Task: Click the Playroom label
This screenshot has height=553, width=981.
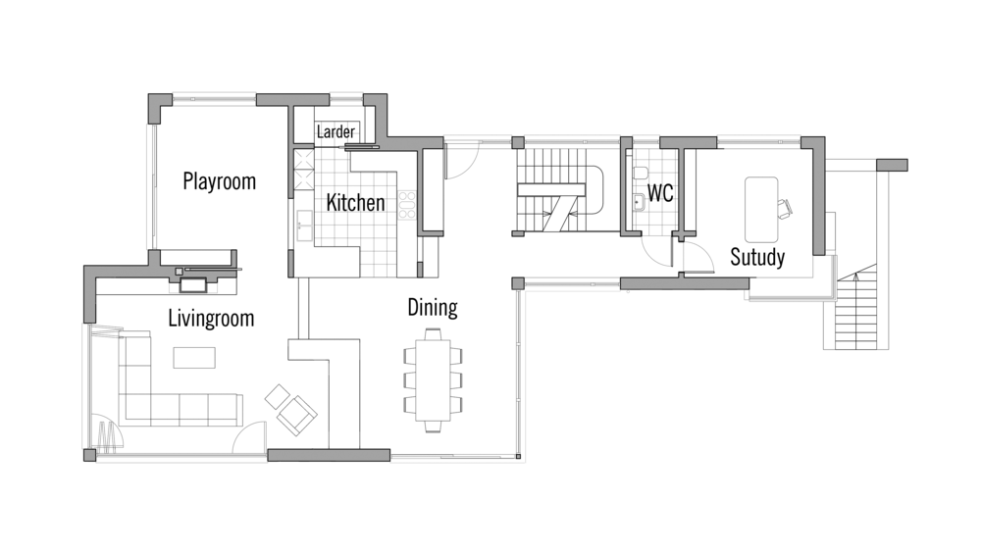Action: pyautogui.click(x=219, y=181)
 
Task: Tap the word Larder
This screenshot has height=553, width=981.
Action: pyautogui.click(x=336, y=132)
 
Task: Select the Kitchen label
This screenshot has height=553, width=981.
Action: pyautogui.click(x=355, y=203)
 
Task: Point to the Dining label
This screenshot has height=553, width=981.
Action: pyautogui.click(x=433, y=307)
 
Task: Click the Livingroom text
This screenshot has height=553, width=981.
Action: pyautogui.click(x=212, y=319)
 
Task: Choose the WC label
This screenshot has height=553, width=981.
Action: pyautogui.click(x=660, y=193)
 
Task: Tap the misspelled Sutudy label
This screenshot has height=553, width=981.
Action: pyautogui.click(x=757, y=257)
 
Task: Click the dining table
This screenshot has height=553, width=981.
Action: pyautogui.click(x=433, y=379)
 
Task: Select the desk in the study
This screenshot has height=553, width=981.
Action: pyautogui.click(x=761, y=210)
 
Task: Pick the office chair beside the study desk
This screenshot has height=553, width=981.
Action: pyautogui.click(x=785, y=208)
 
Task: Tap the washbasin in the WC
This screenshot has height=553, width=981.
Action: pyautogui.click(x=639, y=202)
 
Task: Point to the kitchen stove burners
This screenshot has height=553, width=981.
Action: pyautogui.click(x=407, y=205)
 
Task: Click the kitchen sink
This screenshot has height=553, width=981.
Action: pyautogui.click(x=305, y=226)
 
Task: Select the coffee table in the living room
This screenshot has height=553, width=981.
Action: pyautogui.click(x=194, y=358)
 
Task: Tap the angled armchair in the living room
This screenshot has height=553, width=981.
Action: pyautogui.click(x=297, y=415)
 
